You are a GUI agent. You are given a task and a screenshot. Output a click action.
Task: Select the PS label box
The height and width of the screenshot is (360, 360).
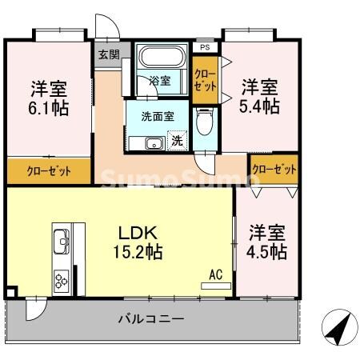(205, 47)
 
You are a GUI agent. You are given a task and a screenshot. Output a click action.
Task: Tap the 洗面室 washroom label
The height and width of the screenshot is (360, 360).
(158, 116)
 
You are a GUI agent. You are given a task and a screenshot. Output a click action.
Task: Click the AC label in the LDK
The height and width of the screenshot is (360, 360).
(214, 275)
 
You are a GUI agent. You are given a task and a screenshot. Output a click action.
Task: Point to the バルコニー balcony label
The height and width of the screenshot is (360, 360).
(151, 319)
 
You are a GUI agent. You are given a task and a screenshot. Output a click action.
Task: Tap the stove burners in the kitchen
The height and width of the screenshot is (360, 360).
(61, 279)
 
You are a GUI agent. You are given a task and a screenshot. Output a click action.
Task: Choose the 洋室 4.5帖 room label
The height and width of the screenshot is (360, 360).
(266, 242)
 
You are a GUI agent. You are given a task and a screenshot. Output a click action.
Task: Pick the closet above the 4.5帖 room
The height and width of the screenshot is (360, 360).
(274, 170)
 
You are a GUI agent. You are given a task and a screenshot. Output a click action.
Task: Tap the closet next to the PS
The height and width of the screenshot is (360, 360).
(205, 79)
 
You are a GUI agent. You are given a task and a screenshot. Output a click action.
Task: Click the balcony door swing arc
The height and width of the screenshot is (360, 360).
(35, 309)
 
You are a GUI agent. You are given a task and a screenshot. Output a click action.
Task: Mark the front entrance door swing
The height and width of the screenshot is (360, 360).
(106, 26)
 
